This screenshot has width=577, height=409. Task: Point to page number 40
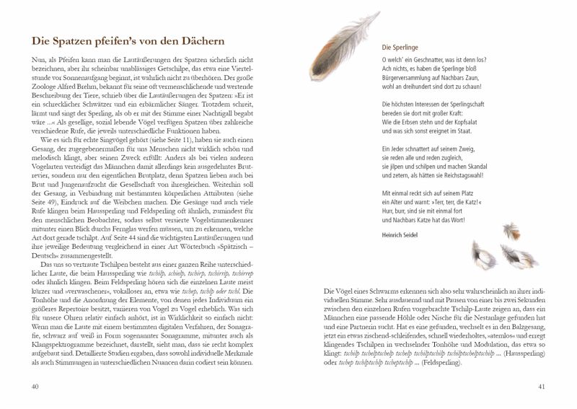[x=33, y=387]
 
